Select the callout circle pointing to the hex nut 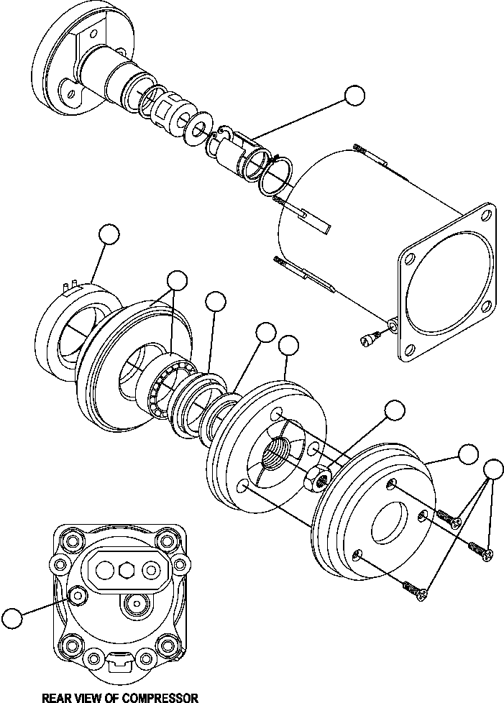pyautogui.click(x=395, y=410)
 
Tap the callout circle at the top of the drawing pyautogui.click(x=354, y=95)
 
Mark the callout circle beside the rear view pyautogui.click(x=13, y=617)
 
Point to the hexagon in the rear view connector pyautogui.click(x=127, y=569)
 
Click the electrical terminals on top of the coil pyautogui.click(x=70, y=287)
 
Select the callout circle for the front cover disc pyautogui.click(x=467, y=454)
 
